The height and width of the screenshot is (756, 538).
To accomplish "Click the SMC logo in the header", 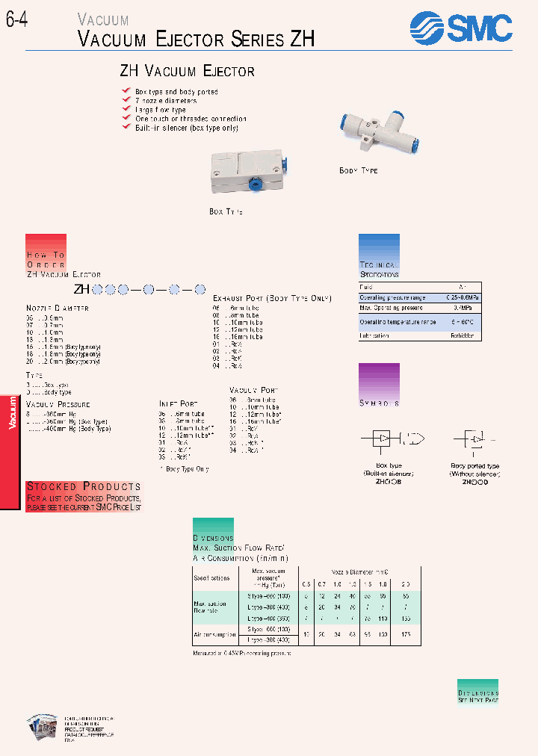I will (x=461, y=29).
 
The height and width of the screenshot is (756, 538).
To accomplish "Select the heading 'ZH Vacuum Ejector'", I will (x=188, y=72).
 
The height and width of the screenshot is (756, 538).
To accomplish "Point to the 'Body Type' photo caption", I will (x=359, y=171).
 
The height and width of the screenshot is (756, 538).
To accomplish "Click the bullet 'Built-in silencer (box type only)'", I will (x=186, y=128).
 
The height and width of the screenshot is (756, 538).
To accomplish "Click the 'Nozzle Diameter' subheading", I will (x=58, y=308).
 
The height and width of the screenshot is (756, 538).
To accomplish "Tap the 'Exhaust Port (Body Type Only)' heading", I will (x=271, y=298).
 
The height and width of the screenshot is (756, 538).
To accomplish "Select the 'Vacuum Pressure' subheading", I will (x=58, y=403).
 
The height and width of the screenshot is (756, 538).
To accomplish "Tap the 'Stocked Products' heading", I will (x=84, y=486).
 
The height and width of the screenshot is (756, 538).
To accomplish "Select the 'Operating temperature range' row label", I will (x=398, y=321).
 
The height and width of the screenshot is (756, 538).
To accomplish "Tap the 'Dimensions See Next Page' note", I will (x=477, y=696).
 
